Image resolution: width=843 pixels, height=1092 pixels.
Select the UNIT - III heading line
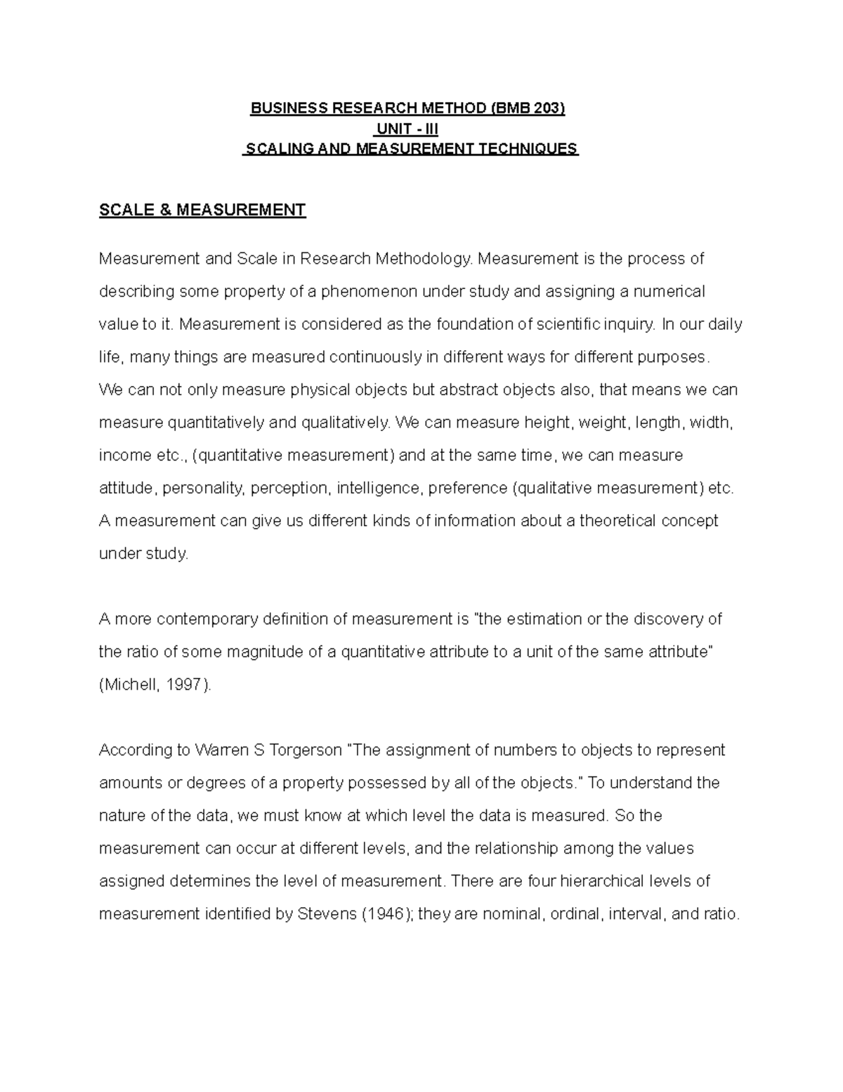(x=407, y=129)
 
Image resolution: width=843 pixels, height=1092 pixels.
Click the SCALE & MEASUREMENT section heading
(x=202, y=210)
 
